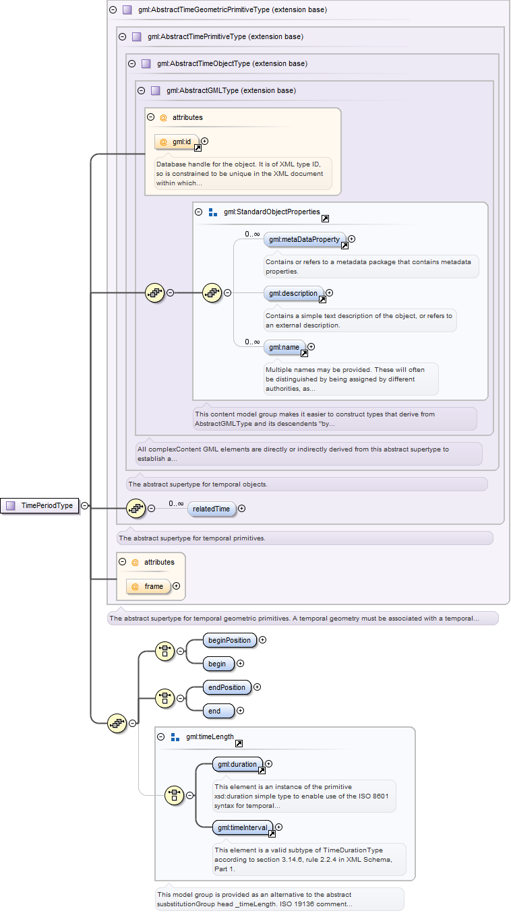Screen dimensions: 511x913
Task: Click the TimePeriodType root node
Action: tap(40, 505)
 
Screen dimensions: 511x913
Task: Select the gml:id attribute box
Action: tap(177, 142)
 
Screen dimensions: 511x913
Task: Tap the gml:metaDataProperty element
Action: tap(305, 240)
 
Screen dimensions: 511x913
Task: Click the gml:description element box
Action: tap(294, 294)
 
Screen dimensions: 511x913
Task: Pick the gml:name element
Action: tap(284, 347)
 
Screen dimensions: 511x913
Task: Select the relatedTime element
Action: tap(212, 509)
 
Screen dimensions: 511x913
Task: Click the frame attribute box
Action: tap(148, 586)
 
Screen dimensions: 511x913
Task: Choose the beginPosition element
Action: tap(230, 640)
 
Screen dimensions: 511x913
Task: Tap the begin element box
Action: tap(218, 664)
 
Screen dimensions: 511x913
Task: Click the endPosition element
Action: tap(227, 687)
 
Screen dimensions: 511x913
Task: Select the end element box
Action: tap(218, 711)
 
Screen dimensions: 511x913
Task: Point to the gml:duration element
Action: tap(238, 764)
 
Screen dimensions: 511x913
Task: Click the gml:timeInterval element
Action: tap(243, 827)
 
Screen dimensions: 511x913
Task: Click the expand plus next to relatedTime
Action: tap(242, 508)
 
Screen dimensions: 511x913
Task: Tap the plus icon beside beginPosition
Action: tap(263, 640)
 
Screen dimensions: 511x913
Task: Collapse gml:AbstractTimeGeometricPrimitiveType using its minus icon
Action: tap(113, 9)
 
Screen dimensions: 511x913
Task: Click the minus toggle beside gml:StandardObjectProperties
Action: tap(199, 212)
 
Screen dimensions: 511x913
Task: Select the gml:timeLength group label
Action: tap(210, 736)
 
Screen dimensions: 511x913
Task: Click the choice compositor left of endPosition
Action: tap(164, 698)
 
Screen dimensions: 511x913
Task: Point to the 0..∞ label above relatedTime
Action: tap(176, 503)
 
